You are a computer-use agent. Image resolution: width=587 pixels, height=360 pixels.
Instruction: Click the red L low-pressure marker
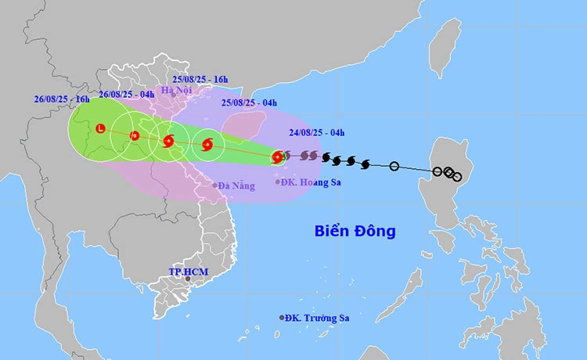coord(100,128)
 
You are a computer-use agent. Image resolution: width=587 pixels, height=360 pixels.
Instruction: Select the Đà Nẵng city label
coord(236,185)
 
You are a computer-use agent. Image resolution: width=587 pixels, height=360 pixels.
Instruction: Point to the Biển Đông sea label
coord(355,231)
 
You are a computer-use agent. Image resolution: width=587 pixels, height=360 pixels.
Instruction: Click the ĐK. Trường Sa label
coord(316,318)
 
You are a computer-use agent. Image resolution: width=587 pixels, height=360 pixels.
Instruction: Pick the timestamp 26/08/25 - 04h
coord(125,95)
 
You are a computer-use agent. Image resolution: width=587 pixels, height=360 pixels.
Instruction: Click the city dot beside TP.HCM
coord(188,279)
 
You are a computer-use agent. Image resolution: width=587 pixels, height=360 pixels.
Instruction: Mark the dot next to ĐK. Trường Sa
coord(282,318)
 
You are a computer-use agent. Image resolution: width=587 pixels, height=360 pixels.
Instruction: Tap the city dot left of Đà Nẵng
coord(214,185)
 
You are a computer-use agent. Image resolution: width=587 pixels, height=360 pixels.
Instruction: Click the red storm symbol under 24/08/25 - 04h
coord(277,157)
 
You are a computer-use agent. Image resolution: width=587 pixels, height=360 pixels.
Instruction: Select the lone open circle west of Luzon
coord(394,165)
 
